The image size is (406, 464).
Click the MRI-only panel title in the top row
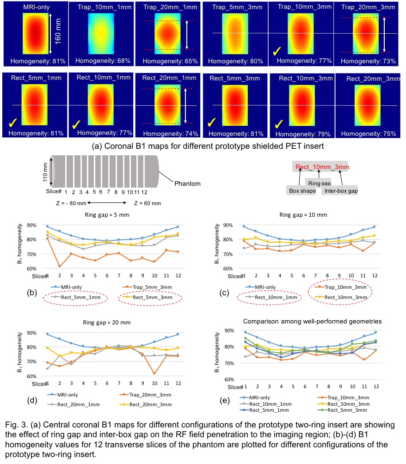coord(34,7)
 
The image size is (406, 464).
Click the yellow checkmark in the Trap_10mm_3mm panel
coord(279,51)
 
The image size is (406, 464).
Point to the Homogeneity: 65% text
coord(168,61)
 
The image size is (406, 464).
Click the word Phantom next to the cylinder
coord(187,183)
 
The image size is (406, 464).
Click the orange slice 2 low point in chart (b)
coord(60,266)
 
